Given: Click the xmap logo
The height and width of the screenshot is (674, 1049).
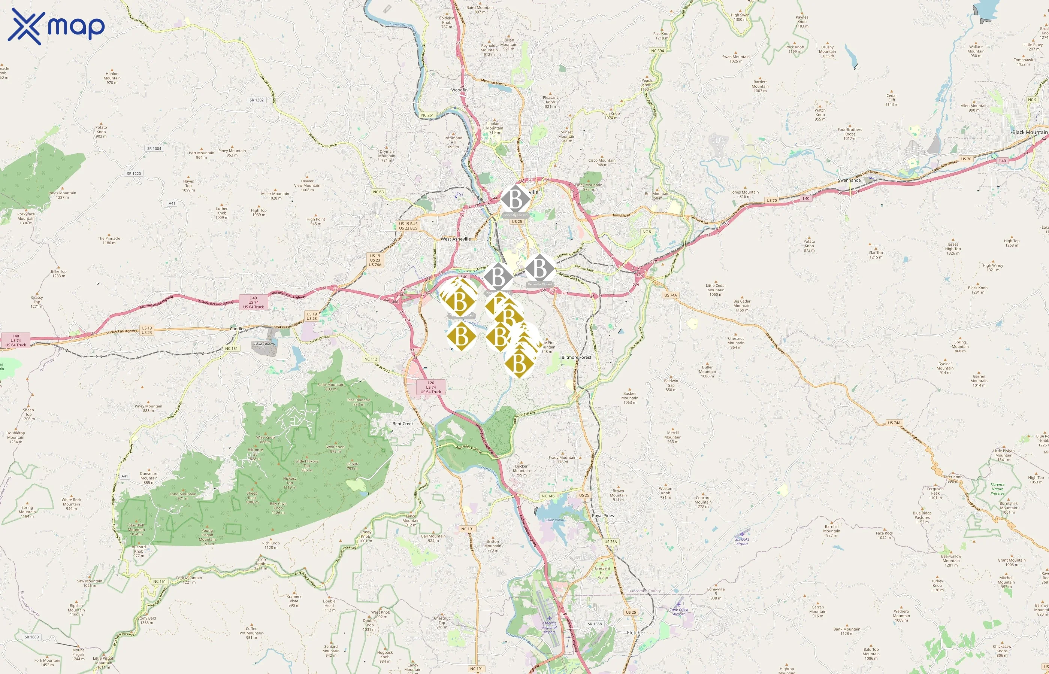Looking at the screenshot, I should click(x=56, y=26).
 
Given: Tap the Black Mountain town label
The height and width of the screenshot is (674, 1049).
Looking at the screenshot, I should click(x=1030, y=132).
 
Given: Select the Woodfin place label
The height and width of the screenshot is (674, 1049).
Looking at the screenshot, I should click(x=459, y=90).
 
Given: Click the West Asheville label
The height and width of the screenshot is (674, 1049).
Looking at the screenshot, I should click(x=456, y=239).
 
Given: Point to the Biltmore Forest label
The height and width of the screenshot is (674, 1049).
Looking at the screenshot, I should click(x=576, y=358).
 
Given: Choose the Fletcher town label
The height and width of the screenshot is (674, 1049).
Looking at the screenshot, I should click(x=636, y=633).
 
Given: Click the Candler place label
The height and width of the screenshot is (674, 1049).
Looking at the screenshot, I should click(x=237, y=329).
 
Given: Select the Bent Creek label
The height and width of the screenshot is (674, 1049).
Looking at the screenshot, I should click(x=403, y=423).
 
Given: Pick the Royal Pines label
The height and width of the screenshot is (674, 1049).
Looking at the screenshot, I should click(x=602, y=516).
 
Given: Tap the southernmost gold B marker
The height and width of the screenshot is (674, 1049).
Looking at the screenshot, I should click(x=519, y=363).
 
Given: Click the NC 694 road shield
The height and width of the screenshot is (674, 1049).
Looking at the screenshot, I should click(x=657, y=51).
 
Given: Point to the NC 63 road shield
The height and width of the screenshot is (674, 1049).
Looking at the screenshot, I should click(x=378, y=192).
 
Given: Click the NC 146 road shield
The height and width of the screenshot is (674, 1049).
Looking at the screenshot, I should click(x=548, y=496).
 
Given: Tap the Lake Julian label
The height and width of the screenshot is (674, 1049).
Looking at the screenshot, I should click(x=555, y=520).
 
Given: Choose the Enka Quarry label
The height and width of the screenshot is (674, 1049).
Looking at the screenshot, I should click(x=264, y=344).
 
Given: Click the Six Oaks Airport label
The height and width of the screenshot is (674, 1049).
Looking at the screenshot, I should click(x=742, y=541).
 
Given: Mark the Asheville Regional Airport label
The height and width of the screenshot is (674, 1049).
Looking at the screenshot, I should click(x=550, y=627).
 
